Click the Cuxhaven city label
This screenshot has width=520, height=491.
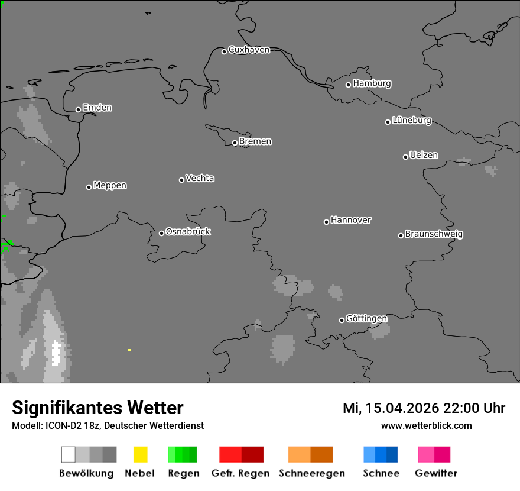249,50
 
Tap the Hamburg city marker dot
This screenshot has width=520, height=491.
348,85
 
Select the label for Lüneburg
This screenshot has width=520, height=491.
411,121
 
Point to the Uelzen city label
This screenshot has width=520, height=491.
424,156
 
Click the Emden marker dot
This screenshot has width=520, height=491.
78,109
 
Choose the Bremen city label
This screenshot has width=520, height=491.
255,141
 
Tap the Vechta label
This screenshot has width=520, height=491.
200,178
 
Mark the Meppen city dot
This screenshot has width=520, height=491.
89,187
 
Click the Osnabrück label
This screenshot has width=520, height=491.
188,232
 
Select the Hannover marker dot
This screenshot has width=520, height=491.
326,222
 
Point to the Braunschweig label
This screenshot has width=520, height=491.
434,234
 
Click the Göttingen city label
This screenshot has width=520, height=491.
366,319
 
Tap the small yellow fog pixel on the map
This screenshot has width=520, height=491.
129,350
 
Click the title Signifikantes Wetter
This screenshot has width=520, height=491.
97,408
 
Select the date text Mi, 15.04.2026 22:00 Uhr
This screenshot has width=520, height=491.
424,408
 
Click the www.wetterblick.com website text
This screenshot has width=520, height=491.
426,425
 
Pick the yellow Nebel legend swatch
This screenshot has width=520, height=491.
140,454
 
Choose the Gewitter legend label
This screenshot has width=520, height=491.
436,473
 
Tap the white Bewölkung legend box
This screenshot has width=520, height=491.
68,454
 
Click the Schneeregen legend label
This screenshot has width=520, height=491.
312,473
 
